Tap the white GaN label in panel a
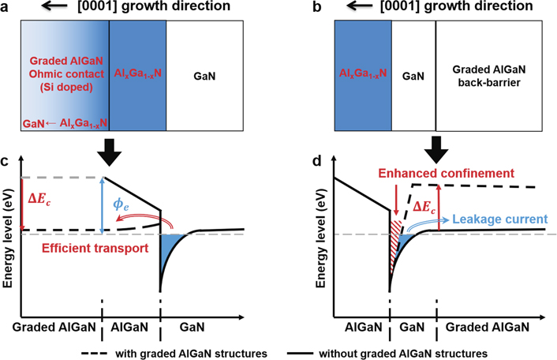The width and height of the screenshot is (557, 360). click(x=204, y=79)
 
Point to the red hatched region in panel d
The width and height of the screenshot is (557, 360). click(x=396, y=237)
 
